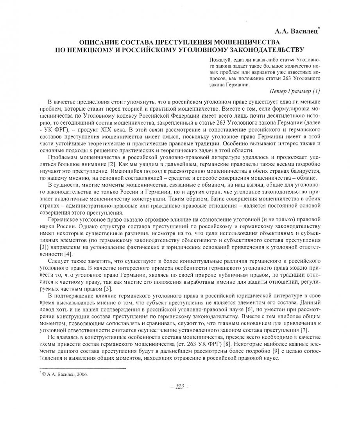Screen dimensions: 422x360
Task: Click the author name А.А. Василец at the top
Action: [299, 30]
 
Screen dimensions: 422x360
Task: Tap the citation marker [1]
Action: [316, 91]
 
